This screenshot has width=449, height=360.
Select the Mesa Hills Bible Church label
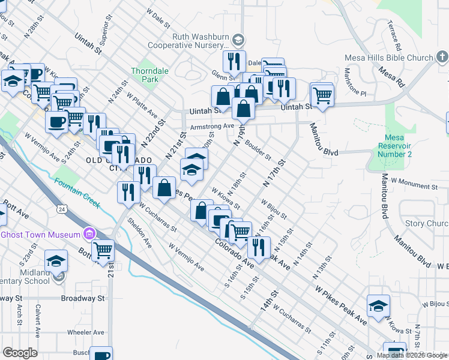click(x=388, y=58)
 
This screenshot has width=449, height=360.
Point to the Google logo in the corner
click(x=20, y=353)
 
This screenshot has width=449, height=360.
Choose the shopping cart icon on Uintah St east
click(x=322, y=95)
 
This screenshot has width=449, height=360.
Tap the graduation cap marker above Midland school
click(x=56, y=260)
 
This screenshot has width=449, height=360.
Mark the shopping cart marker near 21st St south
click(x=103, y=251)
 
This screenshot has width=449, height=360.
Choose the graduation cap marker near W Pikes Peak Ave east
click(x=378, y=305)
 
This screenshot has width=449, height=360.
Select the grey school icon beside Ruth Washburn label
click(x=238, y=40)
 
